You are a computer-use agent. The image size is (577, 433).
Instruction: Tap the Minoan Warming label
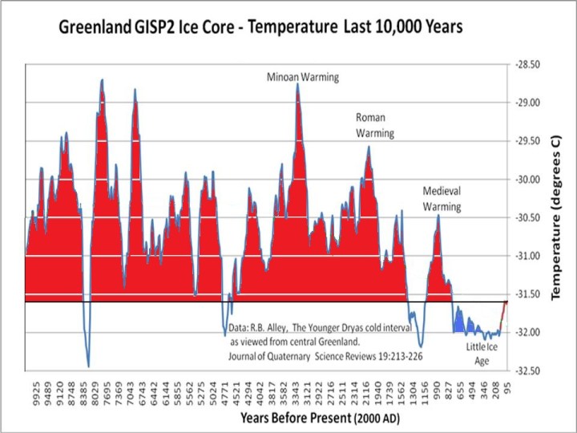(x=303, y=78)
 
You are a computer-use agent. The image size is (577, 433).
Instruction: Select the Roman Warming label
(x=374, y=125)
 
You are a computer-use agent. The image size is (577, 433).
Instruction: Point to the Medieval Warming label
(x=442, y=199)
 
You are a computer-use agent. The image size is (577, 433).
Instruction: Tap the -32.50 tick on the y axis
(x=526, y=371)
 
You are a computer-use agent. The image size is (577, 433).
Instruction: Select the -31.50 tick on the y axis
(x=526, y=294)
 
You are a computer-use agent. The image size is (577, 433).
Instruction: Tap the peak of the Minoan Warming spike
(x=297, y=84)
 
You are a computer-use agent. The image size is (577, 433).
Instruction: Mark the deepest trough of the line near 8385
(x=88, y=366)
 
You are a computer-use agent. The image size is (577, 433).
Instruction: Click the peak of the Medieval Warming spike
(x=438, y=216)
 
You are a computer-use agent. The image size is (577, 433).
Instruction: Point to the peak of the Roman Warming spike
(x=369, y=147)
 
